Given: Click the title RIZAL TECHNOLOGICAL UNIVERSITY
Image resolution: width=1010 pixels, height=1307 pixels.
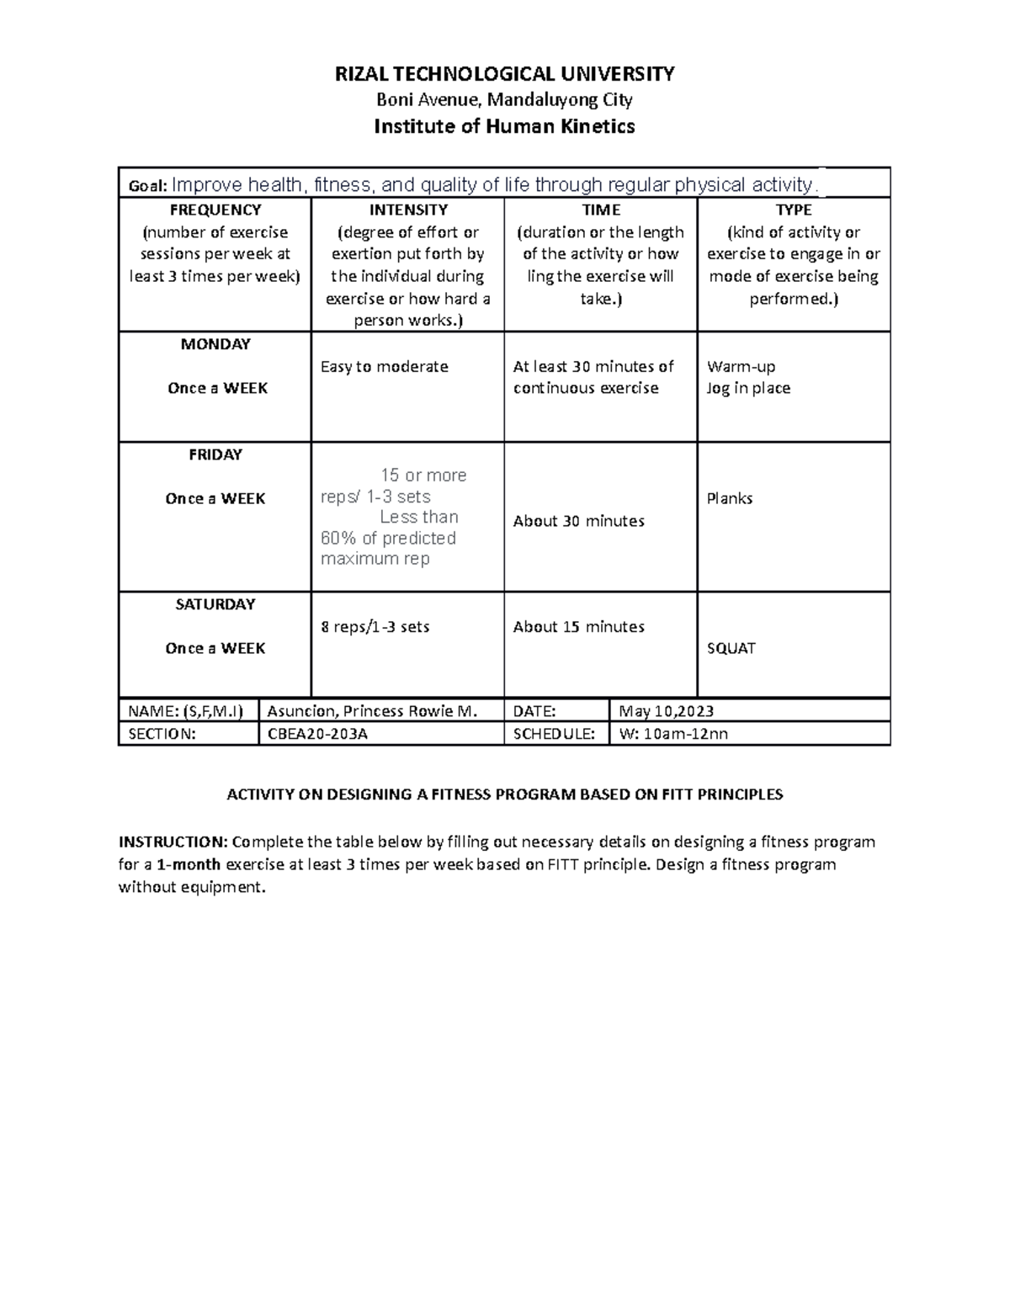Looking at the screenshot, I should click(504, 74).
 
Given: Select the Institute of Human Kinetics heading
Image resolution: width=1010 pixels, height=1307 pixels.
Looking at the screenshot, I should click(504, 127).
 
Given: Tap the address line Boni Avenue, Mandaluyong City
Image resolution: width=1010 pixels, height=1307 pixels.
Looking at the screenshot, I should click(504, 100).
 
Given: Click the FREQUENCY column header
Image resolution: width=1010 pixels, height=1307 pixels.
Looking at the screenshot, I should click(215, 210).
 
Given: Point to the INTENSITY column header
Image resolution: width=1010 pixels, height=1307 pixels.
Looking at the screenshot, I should click(408, 210).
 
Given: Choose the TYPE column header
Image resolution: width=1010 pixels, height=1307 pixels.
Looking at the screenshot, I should click(794, 210).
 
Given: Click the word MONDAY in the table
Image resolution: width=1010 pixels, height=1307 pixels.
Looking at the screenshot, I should click(215, 344).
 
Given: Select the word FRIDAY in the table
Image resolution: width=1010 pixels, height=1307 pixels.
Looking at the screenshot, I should click(215, 454).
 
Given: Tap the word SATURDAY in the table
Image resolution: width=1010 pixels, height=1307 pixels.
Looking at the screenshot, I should click(215, 604).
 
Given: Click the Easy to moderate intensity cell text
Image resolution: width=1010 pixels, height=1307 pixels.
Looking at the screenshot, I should click(384, 367).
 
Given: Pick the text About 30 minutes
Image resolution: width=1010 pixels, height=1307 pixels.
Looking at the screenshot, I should click(578, 521).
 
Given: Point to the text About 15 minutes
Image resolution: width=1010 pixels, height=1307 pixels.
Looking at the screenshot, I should click(578, 627).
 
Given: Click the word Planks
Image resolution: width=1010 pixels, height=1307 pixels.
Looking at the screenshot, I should click(729, 498).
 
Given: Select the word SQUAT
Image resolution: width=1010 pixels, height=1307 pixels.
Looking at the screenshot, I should click(731, 649).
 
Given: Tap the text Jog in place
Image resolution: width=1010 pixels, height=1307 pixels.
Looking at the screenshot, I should click(748, 388).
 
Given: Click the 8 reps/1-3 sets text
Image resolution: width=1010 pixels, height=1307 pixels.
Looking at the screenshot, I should click(375, 627).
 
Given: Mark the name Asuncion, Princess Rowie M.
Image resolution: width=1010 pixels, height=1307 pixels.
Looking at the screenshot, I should click(371, 711).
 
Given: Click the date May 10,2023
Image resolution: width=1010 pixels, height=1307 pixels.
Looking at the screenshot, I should click(666, 711).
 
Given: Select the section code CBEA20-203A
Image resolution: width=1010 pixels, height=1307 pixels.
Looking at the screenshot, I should click(317, 734).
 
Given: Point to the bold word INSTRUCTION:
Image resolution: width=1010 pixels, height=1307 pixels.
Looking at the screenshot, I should click(173, 842).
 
